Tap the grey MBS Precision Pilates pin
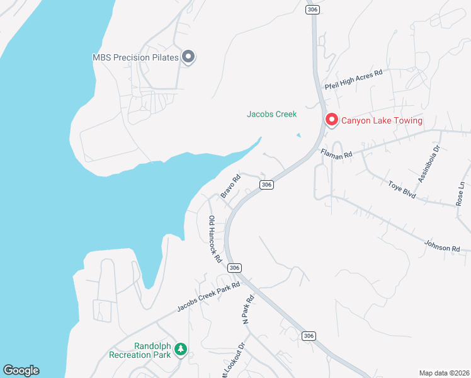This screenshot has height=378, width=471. point(188,57)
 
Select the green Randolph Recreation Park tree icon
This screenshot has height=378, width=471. point(181,348)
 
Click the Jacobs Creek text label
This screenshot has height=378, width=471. point(271,115)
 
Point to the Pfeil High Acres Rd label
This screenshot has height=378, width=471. point(353,79)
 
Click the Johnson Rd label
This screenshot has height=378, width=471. point(442,245)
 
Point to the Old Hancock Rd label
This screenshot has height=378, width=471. point(215,239)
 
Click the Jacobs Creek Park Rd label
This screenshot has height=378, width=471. point(208,296)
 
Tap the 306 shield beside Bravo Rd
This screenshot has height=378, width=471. point(267,185)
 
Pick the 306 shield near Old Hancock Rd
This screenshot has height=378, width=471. point(235,268)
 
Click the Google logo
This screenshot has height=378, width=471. point(21,370)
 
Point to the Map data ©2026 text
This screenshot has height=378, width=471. point(444,373)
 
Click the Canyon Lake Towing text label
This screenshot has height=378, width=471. point(382,120)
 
